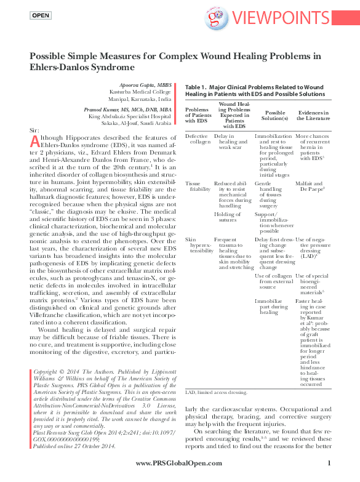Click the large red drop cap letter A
pos(35,142)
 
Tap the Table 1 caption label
pos(197,88)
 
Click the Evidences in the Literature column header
pos(313,116)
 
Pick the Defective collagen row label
pos(196,138)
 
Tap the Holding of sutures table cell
pos(228,217)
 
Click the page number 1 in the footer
pos(330,464)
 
